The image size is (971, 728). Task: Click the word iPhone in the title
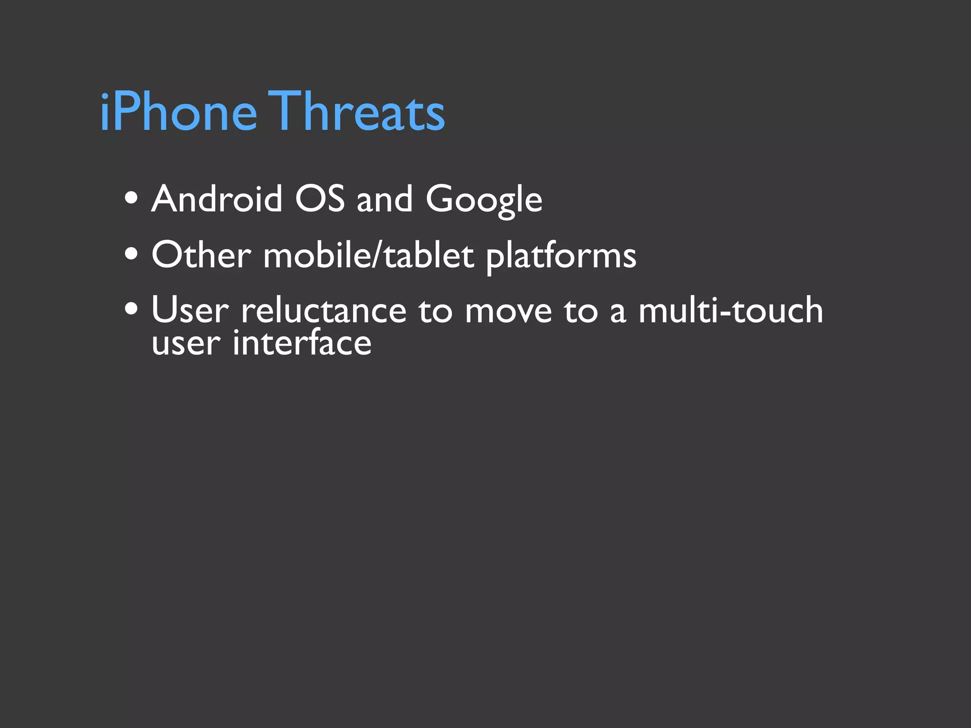(x=178, y=112)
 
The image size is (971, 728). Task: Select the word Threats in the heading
(x=358, y=112)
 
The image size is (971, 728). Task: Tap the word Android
(x=217, y=199)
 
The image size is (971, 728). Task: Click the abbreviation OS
(x=320, y=199)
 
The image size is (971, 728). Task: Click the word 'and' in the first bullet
(x=385, y=199)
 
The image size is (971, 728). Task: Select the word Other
(x=202, y=255)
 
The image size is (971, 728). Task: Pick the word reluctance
(x=324, y=311)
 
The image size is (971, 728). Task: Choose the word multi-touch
(x=731, y=311)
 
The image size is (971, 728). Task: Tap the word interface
(x=302, y=343)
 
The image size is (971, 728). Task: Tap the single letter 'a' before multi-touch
(x=618, y=313)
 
